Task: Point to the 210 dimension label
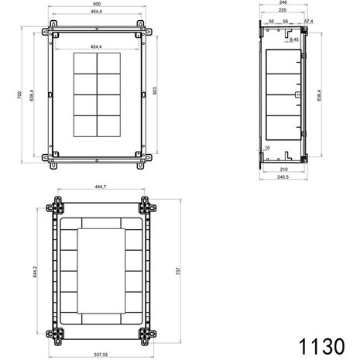(x=283, y=169)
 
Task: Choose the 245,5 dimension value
(x=283, y=178)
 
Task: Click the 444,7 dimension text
(x=98, y=186)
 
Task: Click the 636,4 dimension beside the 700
(x=30, y=94)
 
